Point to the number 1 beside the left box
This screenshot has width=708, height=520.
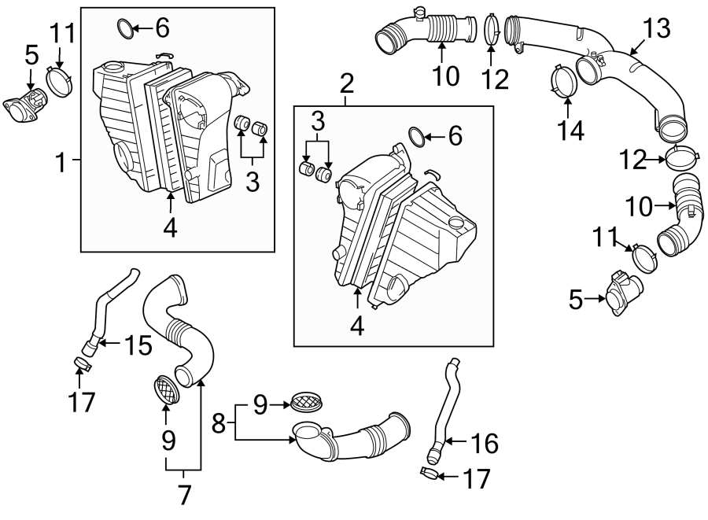[61, 163]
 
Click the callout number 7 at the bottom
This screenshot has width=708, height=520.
[184, 495]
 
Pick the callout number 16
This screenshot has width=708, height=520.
[485, 444]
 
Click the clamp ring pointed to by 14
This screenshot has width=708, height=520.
[560, 83]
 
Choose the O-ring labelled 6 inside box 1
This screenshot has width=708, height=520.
[124, 29]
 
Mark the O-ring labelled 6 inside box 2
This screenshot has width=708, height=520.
[417, 137]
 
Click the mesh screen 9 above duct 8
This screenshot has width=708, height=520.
[304, 400]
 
